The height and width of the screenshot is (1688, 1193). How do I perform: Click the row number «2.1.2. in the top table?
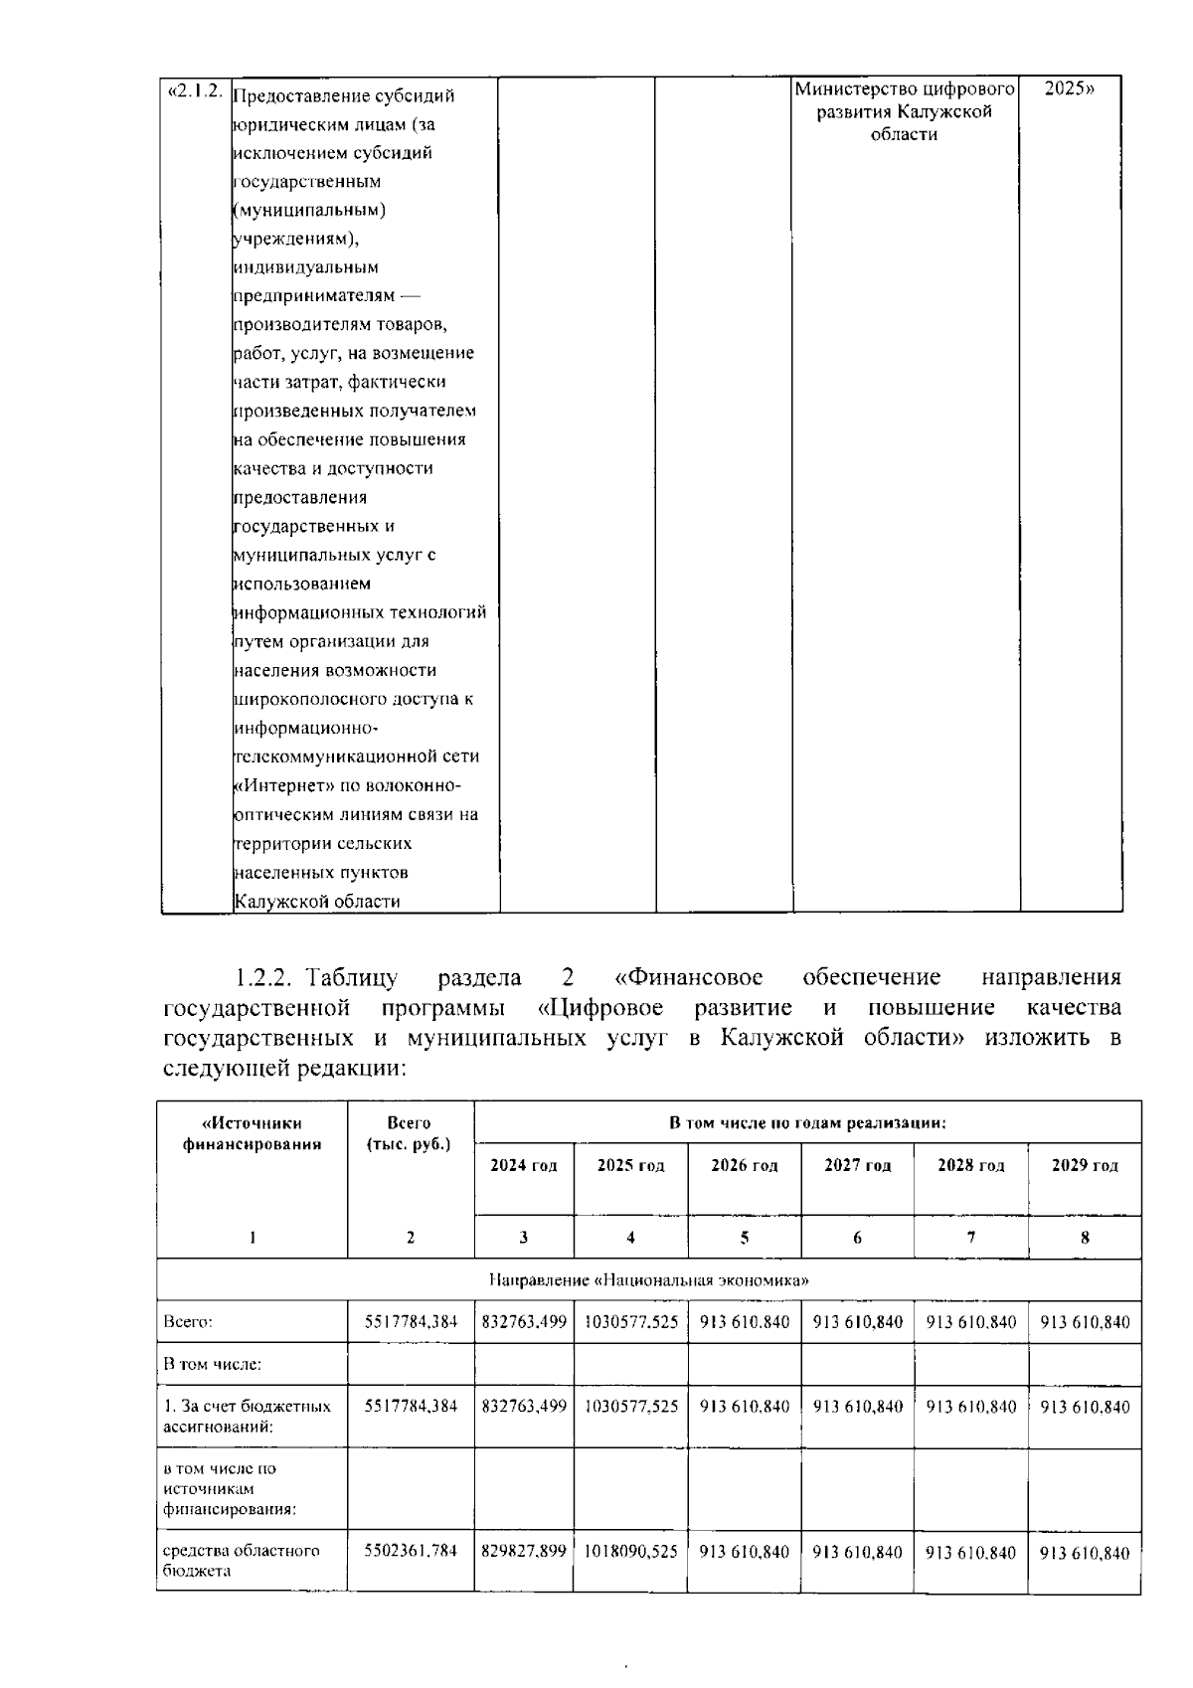click(x=195, y=90)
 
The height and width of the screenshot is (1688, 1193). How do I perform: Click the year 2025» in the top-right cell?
click(x=1070, y=88)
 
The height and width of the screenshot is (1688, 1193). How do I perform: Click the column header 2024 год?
click(x=524, y=1165)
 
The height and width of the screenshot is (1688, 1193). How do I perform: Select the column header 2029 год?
click(x=1085, y=1165)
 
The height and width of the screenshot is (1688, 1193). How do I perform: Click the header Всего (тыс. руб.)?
click(x=410, y=1133)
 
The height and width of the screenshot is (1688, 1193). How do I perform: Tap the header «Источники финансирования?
click(x=252, y=1133)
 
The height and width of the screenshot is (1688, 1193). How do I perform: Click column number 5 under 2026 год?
click(x=744, y=1238)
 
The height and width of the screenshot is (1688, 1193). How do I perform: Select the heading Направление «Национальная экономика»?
click(x=648, y=1280)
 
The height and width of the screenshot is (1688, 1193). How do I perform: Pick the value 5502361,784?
click(x=411, y=1551)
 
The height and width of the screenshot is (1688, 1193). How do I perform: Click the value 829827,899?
click(x=524, y=1551)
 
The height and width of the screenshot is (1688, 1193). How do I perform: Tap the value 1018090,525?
click(x=630, y=1551)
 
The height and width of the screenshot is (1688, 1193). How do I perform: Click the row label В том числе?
click(x=212, y=1365)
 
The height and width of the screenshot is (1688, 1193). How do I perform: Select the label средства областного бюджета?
click(x=242, y=1561)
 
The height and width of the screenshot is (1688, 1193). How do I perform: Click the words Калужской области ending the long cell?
click(x=316, y=902)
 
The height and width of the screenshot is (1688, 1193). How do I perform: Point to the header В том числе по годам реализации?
click(x=807, y=1123)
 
